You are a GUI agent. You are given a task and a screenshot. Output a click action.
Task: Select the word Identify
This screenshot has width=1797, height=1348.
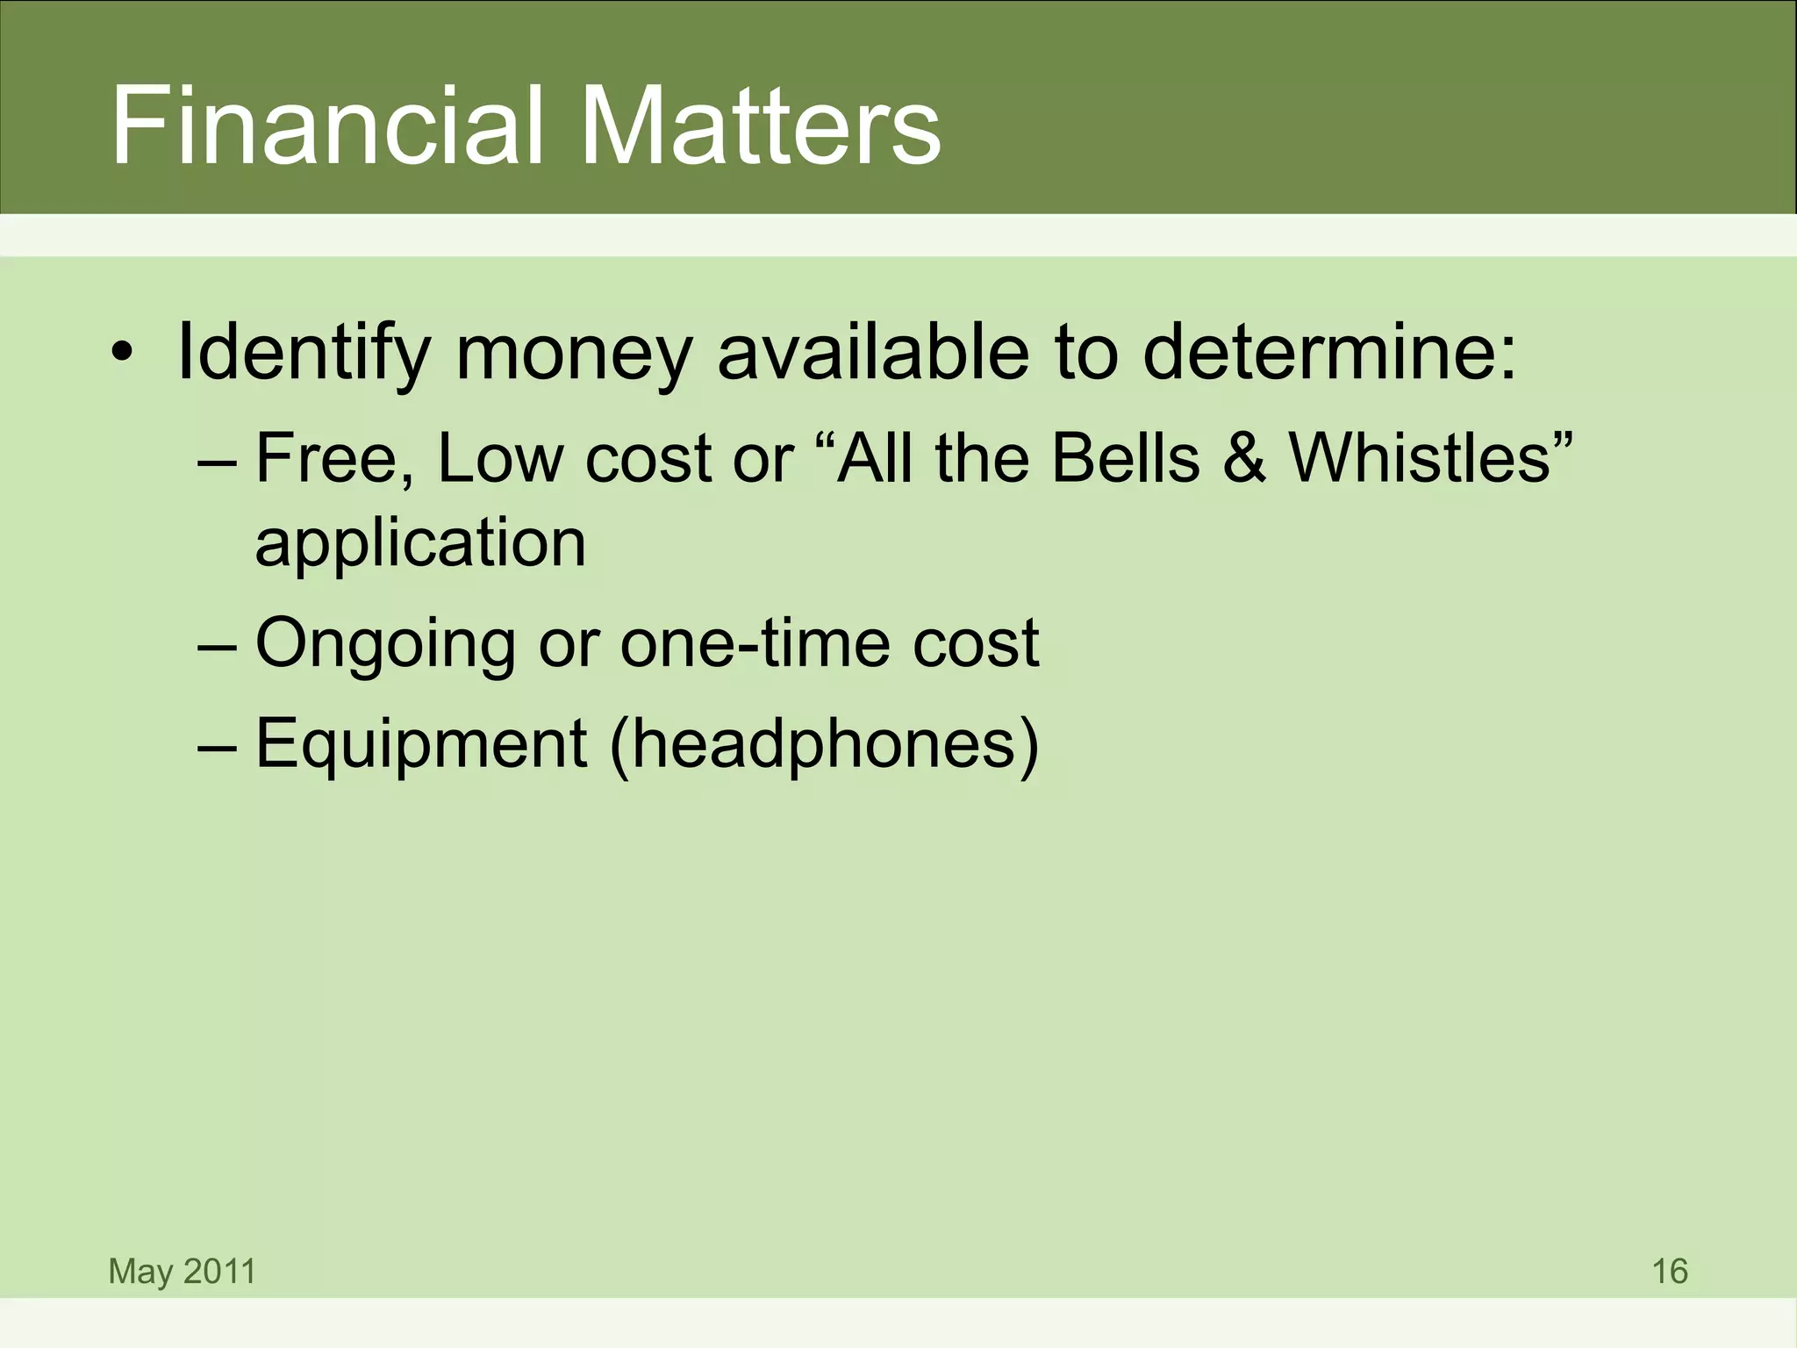[303, 354]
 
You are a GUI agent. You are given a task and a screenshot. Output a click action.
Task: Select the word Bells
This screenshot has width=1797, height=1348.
[1125, 458]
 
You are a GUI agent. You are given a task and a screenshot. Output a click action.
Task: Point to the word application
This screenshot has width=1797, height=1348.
[420, 544]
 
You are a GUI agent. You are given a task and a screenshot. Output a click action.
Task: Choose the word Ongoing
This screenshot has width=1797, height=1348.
[385, 643]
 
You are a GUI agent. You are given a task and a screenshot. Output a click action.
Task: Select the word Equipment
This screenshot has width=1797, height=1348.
[420, 744]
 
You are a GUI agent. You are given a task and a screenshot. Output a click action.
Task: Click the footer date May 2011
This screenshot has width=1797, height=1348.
[182, 1271]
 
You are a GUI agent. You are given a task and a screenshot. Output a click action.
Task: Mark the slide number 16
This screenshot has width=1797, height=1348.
[1669, 1271]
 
